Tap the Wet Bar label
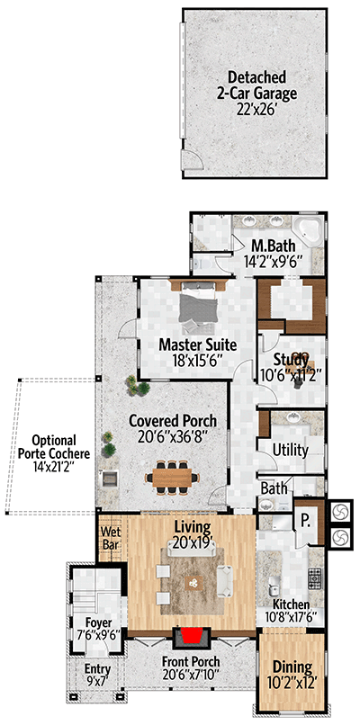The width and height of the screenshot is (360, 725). [110, 538]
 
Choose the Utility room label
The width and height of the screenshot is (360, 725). [290, 450]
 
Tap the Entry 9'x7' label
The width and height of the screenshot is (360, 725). [97, 676]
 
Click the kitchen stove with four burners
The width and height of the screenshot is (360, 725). [316, 575]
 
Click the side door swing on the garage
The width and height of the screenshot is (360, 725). [192, 163]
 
